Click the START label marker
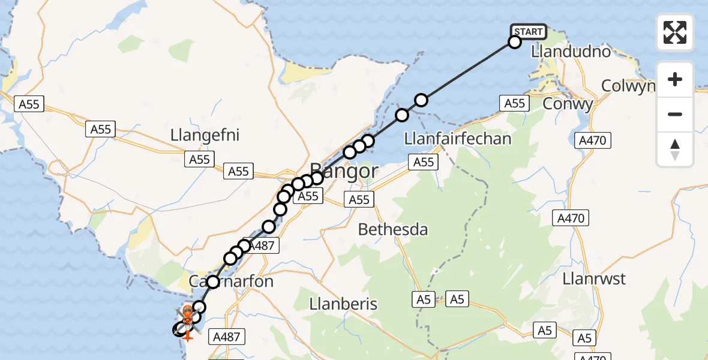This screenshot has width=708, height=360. tap(528, 31)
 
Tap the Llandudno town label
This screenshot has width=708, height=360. tap(571, 52)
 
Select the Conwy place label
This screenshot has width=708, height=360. tap(568, 104)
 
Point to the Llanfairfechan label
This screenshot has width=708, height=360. tap(458, 139)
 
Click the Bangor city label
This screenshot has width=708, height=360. tap(344, 172)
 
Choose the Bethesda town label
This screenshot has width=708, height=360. tap(393, 229)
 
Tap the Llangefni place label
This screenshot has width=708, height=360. tap(205, 135)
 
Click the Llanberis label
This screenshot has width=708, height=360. tap(343, 304)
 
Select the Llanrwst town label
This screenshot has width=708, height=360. tap(595, 279)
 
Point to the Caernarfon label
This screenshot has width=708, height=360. tap(231, 281)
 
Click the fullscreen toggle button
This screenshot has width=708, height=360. tap(675, 32)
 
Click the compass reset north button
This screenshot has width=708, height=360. tap(675, 149)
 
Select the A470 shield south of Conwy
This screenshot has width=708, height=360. tap(593, 141)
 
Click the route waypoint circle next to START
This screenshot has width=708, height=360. tap(514, 42)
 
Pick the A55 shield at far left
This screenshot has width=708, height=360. tap(28, 104)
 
